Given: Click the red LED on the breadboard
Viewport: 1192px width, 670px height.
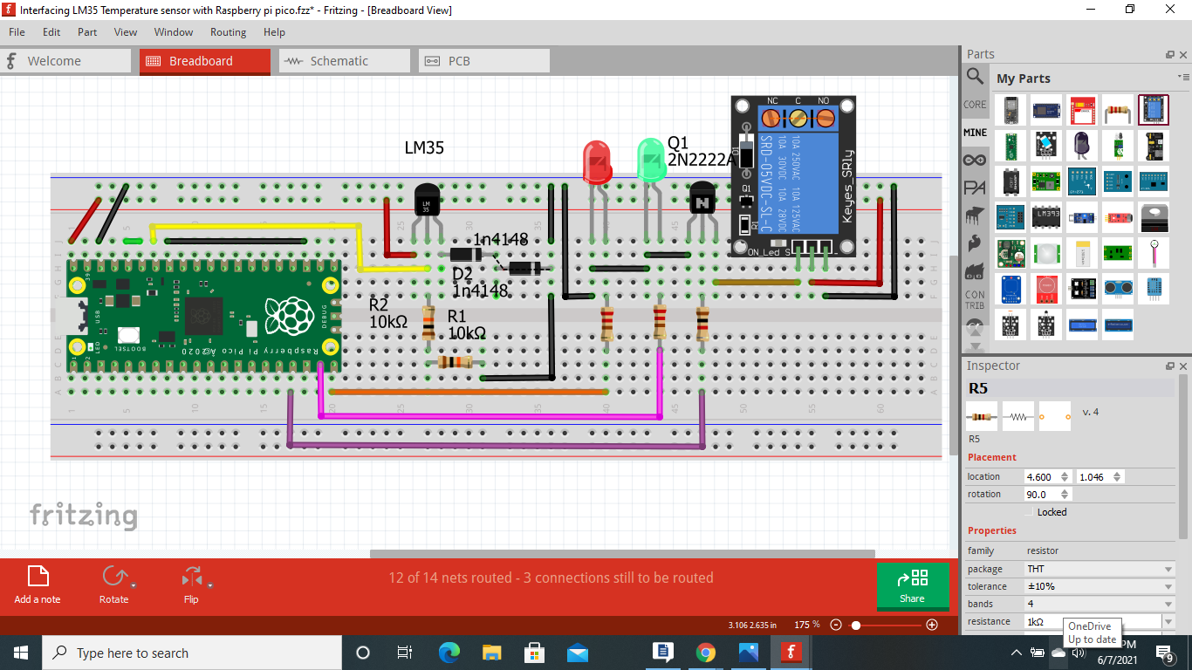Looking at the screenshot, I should coord(597,161).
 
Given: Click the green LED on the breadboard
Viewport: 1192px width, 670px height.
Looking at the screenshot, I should coord(651,160).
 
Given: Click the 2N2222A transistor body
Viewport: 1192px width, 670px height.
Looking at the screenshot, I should coord(702,200).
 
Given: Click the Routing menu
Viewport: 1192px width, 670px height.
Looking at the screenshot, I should coord(228,32).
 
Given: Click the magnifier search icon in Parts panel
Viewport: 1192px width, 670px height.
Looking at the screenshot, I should coord(975,78).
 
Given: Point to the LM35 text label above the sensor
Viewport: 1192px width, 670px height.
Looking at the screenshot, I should coord(424,148).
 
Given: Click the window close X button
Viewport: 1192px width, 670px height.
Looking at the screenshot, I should coord(1169,10).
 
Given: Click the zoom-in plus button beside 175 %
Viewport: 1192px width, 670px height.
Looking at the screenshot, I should coord(932,625).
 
